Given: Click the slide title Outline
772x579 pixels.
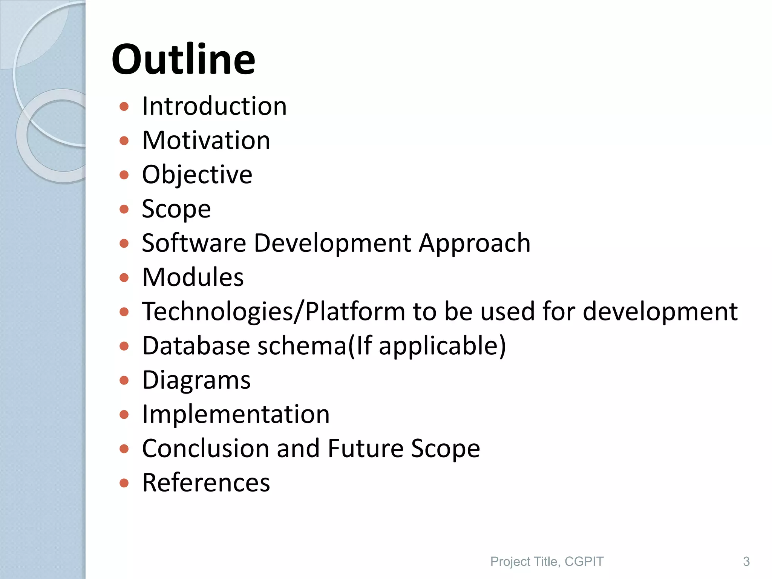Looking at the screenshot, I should click(x=183, y=60).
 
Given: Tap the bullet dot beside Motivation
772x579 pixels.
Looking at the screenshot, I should click(x=124, y=141).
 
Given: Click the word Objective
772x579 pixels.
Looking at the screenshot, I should click(x=197, y=175).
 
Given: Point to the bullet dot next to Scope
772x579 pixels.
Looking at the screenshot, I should click(x=124, y=209).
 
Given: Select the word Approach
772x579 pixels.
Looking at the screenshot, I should click(x=475, y=244).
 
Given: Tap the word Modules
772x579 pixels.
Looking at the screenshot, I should click(x=193, y=277).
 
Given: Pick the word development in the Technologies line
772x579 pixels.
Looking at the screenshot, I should click(x=660, y=312).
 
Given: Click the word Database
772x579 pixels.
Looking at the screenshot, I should click(x=196, y=346).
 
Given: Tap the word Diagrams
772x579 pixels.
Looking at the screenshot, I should click(x=196, y=380).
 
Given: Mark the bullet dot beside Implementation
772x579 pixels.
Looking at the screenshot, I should click(x=124, y=415).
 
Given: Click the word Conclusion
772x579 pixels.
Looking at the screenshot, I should click(x=206, y=449).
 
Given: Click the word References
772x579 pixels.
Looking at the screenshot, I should click(x=206, y=483).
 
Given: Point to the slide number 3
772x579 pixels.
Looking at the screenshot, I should click(x=746, y=562).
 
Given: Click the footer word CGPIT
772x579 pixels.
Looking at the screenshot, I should click(x=584, y=562).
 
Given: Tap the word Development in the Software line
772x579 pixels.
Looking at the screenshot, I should click(x=332, y=244).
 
